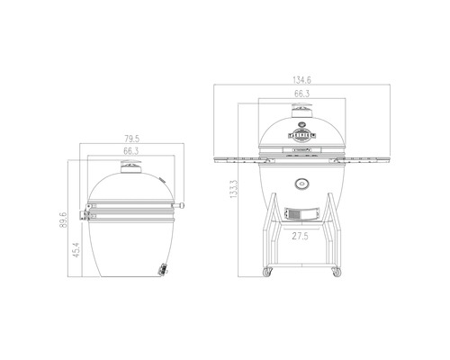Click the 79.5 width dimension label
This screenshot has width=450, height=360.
click(130, 139)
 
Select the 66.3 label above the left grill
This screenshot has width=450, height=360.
click(130, 151)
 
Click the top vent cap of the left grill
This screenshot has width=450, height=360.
click(131, 166)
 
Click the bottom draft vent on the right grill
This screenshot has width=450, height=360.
click(299, 214)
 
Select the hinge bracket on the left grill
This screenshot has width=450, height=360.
click(90, 213)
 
